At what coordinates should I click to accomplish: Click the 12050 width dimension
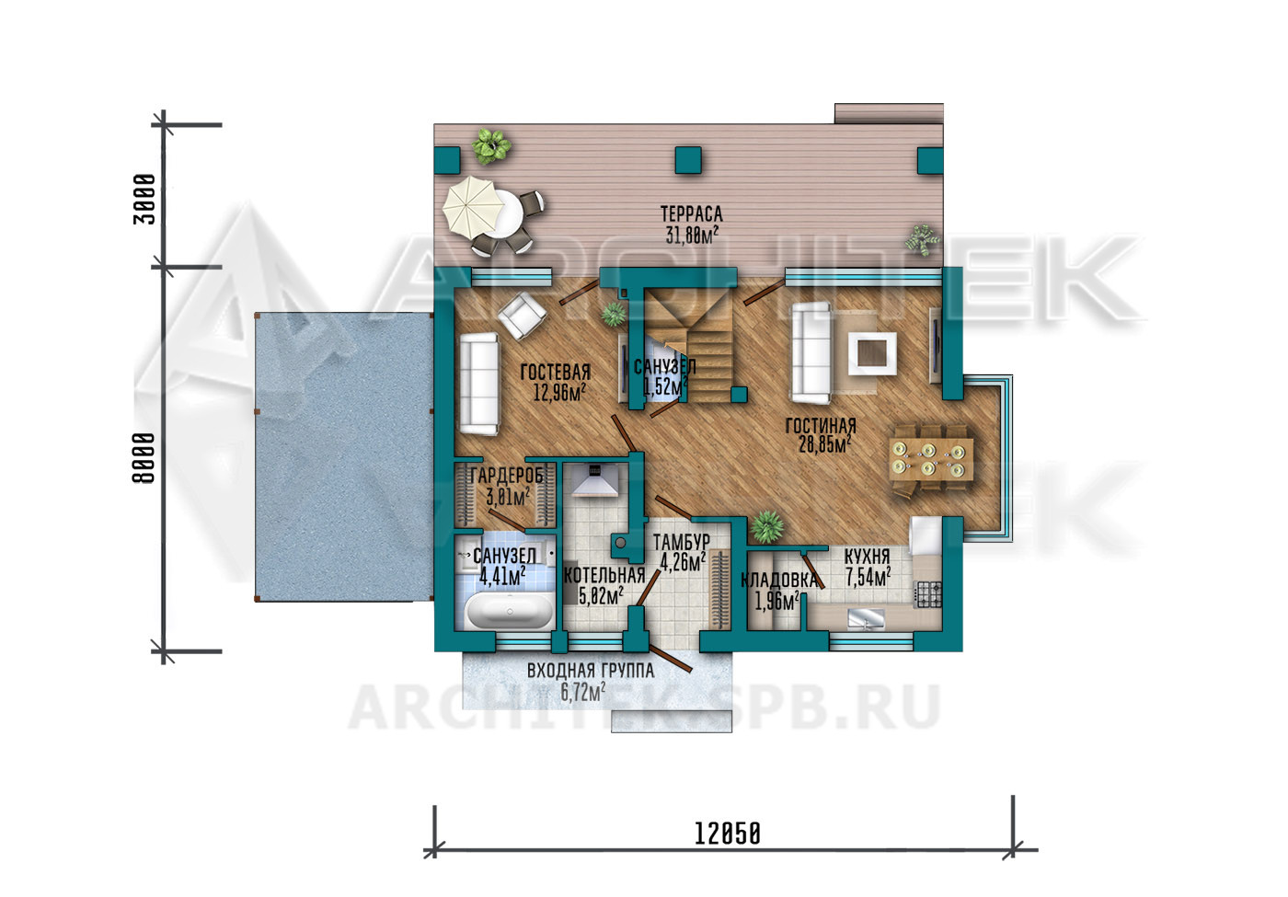coord(728,834)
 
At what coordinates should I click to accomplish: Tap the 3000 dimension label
coord(144,199)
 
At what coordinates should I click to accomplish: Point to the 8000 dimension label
coord(144,458)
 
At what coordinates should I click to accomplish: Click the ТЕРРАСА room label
coord(691,213)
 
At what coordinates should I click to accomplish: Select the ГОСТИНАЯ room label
coord(821,425)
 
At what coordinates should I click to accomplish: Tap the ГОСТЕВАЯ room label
coord(556,372)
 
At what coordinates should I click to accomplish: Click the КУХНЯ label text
coord(867,556)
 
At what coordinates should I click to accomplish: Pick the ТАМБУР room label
coord(682,542)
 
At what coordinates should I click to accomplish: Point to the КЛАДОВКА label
coord(779,581)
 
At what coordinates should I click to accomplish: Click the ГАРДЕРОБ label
coord(507,476)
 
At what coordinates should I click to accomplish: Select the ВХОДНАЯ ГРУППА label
coord(591,671)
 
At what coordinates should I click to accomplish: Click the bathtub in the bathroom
coord(510,610)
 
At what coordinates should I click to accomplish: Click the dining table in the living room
coord(931,459)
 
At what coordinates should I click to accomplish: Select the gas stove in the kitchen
coord(928,594)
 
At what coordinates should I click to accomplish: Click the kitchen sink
coord(867,619)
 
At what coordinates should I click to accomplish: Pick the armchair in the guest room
coord(523,315)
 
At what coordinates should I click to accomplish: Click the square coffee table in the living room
coord(872,353)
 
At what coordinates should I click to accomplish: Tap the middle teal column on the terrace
coord(688,160)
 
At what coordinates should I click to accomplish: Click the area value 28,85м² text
coord(824,443)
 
